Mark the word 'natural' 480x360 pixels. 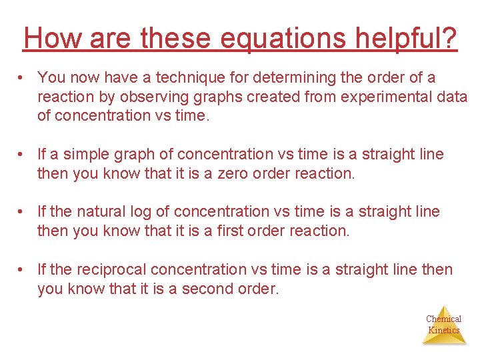103,212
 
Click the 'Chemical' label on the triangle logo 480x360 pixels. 444,319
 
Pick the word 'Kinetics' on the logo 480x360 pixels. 444,330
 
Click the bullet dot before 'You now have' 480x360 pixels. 23,77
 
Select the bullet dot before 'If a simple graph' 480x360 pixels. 23,154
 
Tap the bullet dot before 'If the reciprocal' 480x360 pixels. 23,270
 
